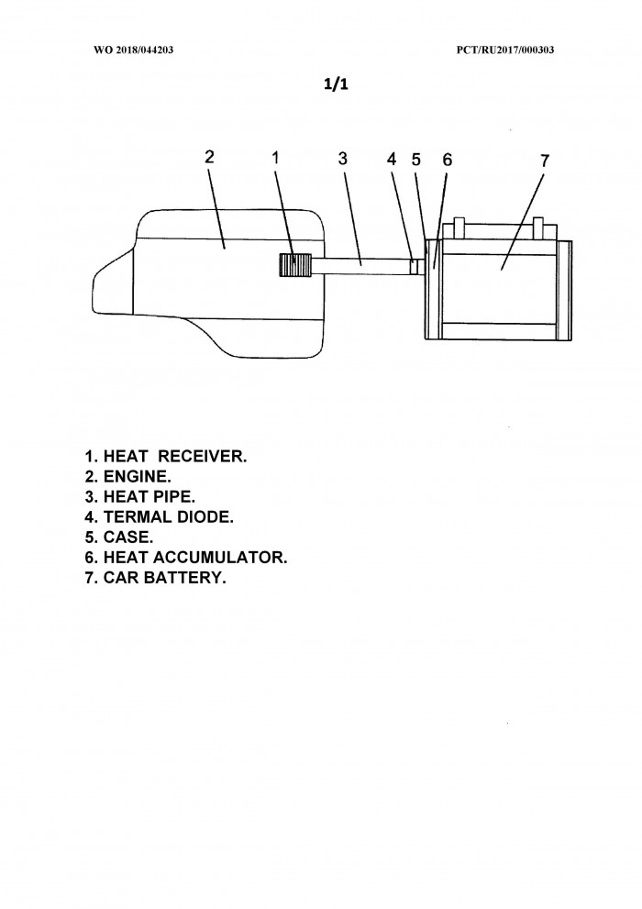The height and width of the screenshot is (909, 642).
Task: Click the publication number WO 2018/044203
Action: [133, 50]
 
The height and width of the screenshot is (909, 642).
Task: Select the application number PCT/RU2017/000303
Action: [505, 50]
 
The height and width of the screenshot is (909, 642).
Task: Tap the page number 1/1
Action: [336, 84]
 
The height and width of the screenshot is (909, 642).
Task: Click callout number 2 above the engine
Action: [210, 157]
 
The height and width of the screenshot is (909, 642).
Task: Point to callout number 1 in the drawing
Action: [276, 157]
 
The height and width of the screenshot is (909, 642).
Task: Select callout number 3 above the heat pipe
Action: [343, 159]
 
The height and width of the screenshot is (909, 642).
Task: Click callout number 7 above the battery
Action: [544, 161]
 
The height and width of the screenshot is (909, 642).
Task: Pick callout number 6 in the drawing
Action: [448, 160]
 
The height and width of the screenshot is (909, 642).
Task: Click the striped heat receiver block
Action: [295, 265]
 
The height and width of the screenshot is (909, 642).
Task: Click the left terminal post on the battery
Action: [459, 227]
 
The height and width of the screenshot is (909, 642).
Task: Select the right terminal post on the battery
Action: [539, 227]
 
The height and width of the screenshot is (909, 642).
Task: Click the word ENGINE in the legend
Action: [137, 477]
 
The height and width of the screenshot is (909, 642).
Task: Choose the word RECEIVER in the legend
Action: [202, 456]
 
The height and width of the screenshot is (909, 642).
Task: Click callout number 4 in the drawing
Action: [392, 159]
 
